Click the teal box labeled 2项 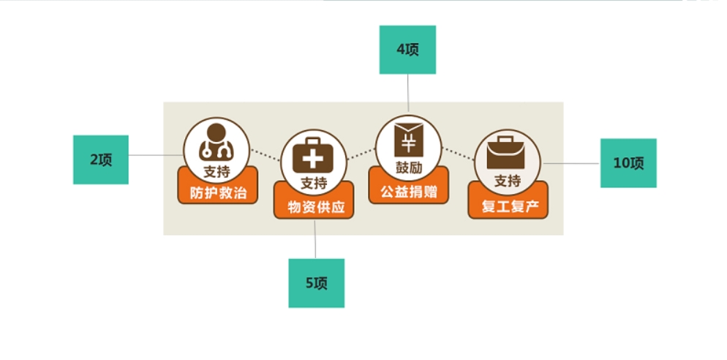[101, 160]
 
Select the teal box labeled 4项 [407, 50]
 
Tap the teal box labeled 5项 [316, 282]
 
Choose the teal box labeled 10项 [628, 163]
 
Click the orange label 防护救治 [218, 194]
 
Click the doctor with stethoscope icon [216, 142]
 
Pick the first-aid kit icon [313, 155]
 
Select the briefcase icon [508, 152]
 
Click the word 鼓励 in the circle [409, 167]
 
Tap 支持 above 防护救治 [216, 173]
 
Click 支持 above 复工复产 [508, 181]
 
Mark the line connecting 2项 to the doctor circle [155, 155]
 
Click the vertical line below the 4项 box [408, 95]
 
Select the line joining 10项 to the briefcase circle [570, 163]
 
